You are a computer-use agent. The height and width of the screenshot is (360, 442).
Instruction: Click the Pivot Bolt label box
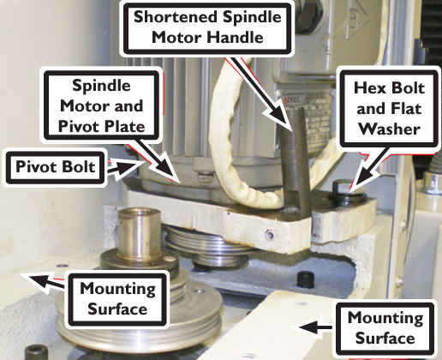pyautogui.click(x=55, y=168)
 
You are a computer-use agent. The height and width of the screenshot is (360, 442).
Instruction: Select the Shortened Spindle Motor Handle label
pyautogui.click(x=207, y=27)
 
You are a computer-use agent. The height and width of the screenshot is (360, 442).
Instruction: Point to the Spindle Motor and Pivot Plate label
pyautogui.click(x=101, y=105)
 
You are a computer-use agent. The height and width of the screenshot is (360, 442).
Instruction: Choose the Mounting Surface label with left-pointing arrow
pyautogui.click(x=385, y=327)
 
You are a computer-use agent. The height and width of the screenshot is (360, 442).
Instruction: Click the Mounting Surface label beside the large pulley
pyautogui.click(x=117, y=299)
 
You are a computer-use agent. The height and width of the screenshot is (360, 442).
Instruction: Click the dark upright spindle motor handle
pyautogui.click(x=296, y=160)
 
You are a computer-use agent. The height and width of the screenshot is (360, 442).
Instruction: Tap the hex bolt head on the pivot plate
pyautogui.click(x=343, y=187)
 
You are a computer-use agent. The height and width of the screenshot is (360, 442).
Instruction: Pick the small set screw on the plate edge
pyautogui.click(x=269, y=235)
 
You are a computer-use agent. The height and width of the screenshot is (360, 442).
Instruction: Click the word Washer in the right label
pyautogui.click(x=389, y=129)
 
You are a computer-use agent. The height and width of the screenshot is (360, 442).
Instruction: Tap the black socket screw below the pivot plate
pyautogui.click(x=306, y=279)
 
